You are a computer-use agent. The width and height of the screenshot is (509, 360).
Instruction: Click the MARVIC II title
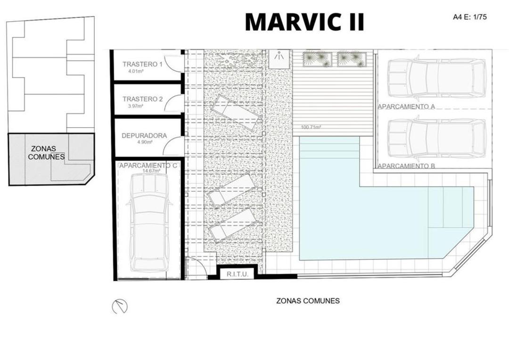click(304, 22)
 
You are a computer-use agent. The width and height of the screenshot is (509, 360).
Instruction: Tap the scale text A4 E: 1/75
click(469, 17)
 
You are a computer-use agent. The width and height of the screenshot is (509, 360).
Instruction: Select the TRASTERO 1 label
click(142, 64)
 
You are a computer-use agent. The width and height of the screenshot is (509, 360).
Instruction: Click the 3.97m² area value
click(136, 106)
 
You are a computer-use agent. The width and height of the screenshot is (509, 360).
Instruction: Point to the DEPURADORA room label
click(144, 136)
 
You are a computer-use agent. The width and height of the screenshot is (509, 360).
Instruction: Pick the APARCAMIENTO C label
click(148, 165)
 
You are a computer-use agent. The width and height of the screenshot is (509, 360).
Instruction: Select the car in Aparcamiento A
click(436, 78)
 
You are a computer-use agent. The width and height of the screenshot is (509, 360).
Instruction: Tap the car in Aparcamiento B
click(436, 138)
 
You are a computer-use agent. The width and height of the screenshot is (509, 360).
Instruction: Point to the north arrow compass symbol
click(120, 307)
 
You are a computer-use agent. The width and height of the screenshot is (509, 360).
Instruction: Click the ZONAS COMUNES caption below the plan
click(308, 301)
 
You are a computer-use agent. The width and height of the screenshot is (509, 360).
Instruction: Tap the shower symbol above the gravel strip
click(279, 56)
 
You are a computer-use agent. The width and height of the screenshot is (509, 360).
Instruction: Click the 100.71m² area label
click(311, 127)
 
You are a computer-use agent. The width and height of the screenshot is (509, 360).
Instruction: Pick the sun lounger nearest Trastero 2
click(235, 113)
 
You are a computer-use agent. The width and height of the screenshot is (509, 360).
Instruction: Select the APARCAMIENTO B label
click(406, 166)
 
